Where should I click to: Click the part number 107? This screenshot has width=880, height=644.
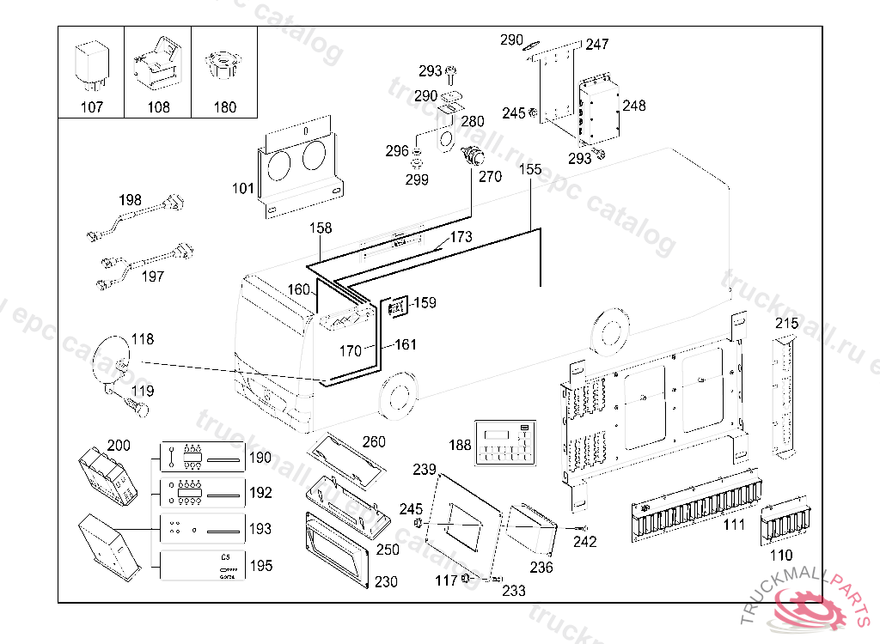(91, 107)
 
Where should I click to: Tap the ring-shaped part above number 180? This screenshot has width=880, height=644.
(223, 65)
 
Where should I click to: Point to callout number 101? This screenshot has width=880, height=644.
(243, 187)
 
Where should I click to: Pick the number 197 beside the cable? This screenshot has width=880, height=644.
(152, 276)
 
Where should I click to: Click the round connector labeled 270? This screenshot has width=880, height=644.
(471, 157)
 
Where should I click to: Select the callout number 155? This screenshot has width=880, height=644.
(530, 170)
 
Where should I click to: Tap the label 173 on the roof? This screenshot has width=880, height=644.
(461, 237)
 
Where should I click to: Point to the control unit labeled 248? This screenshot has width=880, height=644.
(599, 108)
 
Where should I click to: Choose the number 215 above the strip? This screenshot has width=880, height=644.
(786, 324)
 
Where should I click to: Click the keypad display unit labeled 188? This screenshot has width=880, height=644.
(505, 443)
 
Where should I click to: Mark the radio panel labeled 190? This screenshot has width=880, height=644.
(203, 456)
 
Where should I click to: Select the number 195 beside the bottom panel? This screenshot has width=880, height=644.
(260, 566)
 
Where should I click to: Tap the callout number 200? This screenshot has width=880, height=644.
(119, 446)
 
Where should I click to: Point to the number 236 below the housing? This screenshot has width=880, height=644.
(541, 568)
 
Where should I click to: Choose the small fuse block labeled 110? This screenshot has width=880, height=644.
(786, 523)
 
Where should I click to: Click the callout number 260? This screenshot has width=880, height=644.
(374, 442)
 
